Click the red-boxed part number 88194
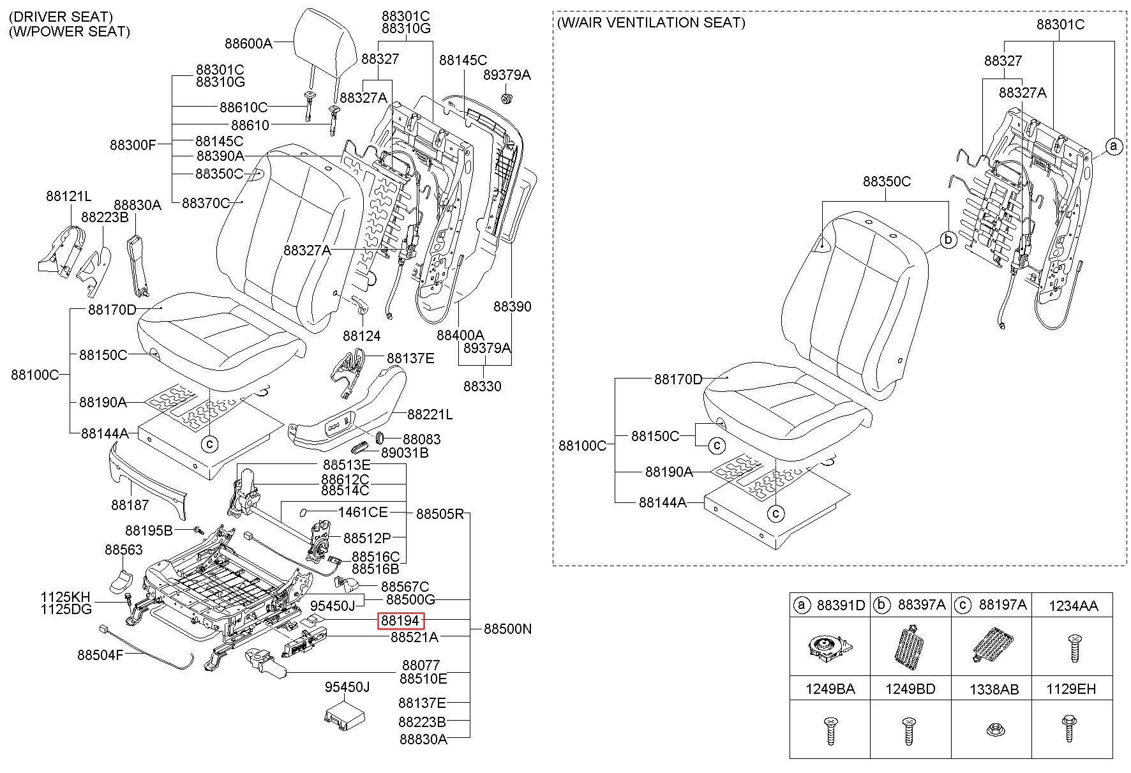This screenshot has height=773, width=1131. [401, 620]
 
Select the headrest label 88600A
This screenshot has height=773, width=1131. [248, 43]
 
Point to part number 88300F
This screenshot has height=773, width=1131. [133, 145]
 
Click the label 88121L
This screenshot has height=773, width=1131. [69, 196]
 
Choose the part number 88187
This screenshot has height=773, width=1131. [130, 505]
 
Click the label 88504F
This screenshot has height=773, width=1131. [100, 655]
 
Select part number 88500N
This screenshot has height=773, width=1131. [507, 629]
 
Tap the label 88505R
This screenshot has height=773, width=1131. [440, 514]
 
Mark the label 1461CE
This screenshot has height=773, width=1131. [363, 512]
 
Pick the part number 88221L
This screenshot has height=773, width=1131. [430, 415]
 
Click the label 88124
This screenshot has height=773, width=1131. [361, 336]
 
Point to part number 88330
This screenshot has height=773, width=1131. [483, 386]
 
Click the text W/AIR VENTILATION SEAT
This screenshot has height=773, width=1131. [651, 23]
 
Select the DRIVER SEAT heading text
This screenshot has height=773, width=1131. [61, 17]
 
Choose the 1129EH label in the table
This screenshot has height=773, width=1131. [1071, 689]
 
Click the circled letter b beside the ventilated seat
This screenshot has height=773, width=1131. [948, 240]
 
